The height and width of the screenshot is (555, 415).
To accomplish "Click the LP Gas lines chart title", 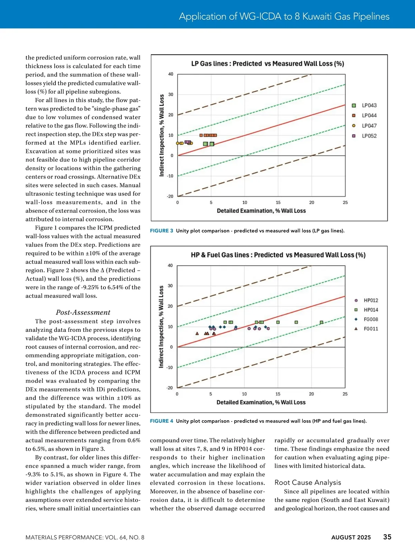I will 267,64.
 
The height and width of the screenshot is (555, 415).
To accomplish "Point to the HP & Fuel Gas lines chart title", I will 278,255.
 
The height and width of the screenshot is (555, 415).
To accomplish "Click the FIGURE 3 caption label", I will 162,231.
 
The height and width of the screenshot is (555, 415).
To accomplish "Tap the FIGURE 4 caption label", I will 162,421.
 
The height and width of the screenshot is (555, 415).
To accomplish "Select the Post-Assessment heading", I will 83,312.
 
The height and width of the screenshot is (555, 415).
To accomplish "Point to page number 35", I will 387,537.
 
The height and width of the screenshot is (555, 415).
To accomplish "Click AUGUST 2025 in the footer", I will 351,537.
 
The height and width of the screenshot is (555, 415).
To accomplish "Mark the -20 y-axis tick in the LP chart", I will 170,196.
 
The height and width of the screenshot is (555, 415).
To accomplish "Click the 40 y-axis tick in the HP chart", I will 170,265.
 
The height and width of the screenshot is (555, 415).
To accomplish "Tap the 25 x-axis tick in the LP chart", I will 345,203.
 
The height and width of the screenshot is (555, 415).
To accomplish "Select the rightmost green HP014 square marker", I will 321,322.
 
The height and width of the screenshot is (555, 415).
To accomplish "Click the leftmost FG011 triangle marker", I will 197,333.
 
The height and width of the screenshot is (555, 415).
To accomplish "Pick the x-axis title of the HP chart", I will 261,402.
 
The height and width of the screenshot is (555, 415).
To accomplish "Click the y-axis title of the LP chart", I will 162,135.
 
